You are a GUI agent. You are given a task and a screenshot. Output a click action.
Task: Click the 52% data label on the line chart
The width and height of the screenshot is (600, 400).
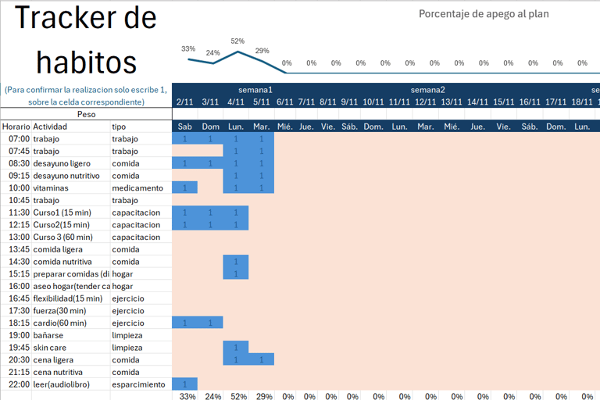click(237, 41)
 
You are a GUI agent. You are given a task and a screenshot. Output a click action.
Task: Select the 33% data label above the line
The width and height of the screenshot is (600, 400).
click(188, 48)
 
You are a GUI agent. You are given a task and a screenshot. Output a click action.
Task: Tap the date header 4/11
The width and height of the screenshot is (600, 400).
click(236, 102)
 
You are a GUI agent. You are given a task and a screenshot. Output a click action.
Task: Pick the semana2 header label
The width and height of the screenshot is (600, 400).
click(427, 89)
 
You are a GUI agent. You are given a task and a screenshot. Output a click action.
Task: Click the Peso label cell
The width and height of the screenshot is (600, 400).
click(87, 114)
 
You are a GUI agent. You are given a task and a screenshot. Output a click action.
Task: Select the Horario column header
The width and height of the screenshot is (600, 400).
click(16, 127)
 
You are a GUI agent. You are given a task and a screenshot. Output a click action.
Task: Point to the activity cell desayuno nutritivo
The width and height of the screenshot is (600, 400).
click(66, 176)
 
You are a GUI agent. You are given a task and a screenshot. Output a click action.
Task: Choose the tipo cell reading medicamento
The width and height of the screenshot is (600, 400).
click(137, 188)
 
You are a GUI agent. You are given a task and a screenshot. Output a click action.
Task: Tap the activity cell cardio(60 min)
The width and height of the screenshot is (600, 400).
click(61, 323)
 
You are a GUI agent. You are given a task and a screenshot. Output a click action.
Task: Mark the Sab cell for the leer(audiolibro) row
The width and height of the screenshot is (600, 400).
click(184, 384)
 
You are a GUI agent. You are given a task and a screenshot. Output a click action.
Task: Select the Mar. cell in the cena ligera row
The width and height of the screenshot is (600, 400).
click(262, 359)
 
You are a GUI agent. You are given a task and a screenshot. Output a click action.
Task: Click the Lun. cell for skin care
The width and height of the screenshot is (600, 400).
click(236, 347)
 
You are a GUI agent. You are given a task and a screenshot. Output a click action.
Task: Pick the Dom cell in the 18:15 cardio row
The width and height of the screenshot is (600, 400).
click(210, 323)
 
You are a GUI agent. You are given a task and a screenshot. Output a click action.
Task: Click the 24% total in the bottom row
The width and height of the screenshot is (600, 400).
click(212, 396)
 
